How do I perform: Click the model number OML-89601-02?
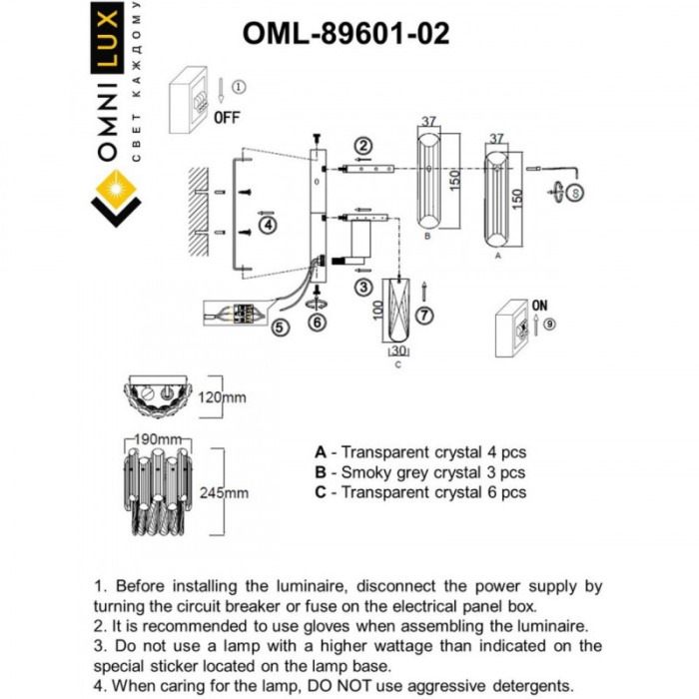(x=346, y=34)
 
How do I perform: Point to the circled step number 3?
(x=363, y=288)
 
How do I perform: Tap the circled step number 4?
(x=267, y=226)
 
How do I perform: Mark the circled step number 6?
(x=317, y=322)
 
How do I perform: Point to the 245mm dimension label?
(x=224, y=492)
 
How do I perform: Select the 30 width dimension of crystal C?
(x=398, y=350)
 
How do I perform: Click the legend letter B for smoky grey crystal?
(x=320, y=472)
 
